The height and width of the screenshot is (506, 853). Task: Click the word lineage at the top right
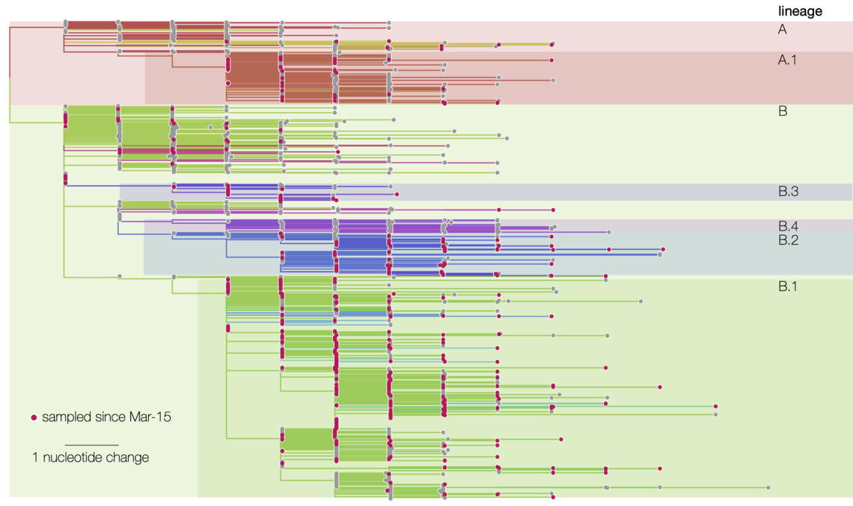pos(800,11)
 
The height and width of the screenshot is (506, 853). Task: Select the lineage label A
pos(783,30)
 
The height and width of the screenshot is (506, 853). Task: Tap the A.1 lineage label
pos(787,60)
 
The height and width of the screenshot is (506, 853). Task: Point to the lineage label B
pos(783,112)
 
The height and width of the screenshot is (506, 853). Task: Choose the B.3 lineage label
pos(788,192)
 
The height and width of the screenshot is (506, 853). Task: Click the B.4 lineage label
pos(788,226)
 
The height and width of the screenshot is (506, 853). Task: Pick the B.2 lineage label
pos(788,240)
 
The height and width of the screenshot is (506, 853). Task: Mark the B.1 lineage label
pos(788,286)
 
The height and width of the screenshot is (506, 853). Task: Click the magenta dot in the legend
pos(34,417)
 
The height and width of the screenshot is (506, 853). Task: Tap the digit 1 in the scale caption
pos(35,457)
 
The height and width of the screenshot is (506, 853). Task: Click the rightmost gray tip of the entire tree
pos(769,488)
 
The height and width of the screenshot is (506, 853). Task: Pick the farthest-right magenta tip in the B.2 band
pos(664,249)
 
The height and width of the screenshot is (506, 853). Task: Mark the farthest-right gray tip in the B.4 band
pos(608,233)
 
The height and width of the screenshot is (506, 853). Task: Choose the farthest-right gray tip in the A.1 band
pos(553,80)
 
